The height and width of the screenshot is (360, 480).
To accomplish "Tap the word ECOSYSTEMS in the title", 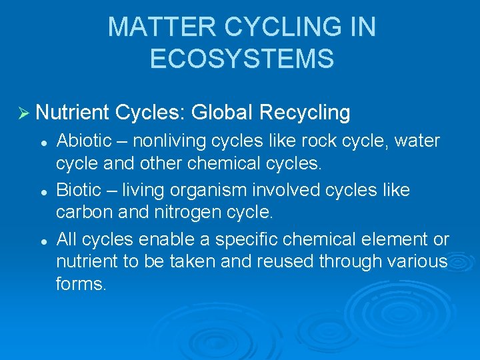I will [241, 59].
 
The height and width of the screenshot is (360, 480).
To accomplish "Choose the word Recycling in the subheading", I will [305, 113].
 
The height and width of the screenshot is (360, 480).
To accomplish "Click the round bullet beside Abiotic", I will [43, 141].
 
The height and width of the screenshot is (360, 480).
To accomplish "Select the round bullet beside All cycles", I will [43, 240].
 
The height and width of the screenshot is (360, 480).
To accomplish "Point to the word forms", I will [81, 283].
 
